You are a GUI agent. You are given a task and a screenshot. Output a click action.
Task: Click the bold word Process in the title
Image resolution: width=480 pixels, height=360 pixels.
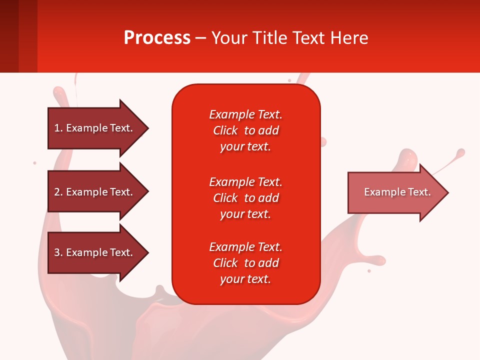pyautogui.click(x=157, y=38)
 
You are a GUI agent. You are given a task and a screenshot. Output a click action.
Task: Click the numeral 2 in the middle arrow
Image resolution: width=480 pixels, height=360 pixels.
pyautogui.click(x=57, y=192)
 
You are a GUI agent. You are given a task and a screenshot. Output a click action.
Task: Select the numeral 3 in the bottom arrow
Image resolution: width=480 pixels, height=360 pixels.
pyautogui.click(x=57, y=252)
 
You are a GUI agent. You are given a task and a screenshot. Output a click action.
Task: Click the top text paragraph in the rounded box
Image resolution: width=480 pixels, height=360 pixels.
pyautogui.click(x=245, y=130)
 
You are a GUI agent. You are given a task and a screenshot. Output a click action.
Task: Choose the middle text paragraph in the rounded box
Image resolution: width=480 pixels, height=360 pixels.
pyautogui.click(x=245, y=198)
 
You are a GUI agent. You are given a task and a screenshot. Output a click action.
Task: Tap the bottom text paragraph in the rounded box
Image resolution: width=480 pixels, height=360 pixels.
pyautogui.click(x=245, y=263)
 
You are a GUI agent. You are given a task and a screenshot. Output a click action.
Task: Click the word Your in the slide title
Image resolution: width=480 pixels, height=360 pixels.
pyautogui.click(x=228, y=38)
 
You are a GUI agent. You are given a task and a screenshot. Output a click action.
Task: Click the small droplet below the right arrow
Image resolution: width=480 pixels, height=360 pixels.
pyautogui.click(x=369, y=271)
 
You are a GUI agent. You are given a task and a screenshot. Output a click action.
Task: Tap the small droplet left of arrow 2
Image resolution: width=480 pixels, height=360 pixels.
pyautogui.click(x=34, y=163)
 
